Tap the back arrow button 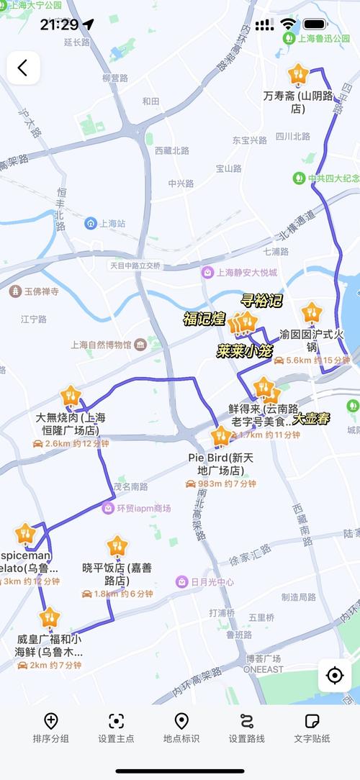pos(23,68)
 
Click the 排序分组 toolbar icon pos(51,721)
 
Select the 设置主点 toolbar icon pos(116,721)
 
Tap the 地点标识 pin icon pos(181,721)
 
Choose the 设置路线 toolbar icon pos(247,721)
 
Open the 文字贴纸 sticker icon pos(312,721)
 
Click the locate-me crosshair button pos(335,675)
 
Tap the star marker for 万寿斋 pos(298,74)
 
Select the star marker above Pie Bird pos(221,436)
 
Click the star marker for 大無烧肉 pos(71,396)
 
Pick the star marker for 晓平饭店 pos(117,546)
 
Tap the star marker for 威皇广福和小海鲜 pos(50,617)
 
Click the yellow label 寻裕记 pos(261,301)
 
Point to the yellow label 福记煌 pos(204,319)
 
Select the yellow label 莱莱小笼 pos(246,351)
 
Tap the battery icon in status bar pos(315,24)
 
